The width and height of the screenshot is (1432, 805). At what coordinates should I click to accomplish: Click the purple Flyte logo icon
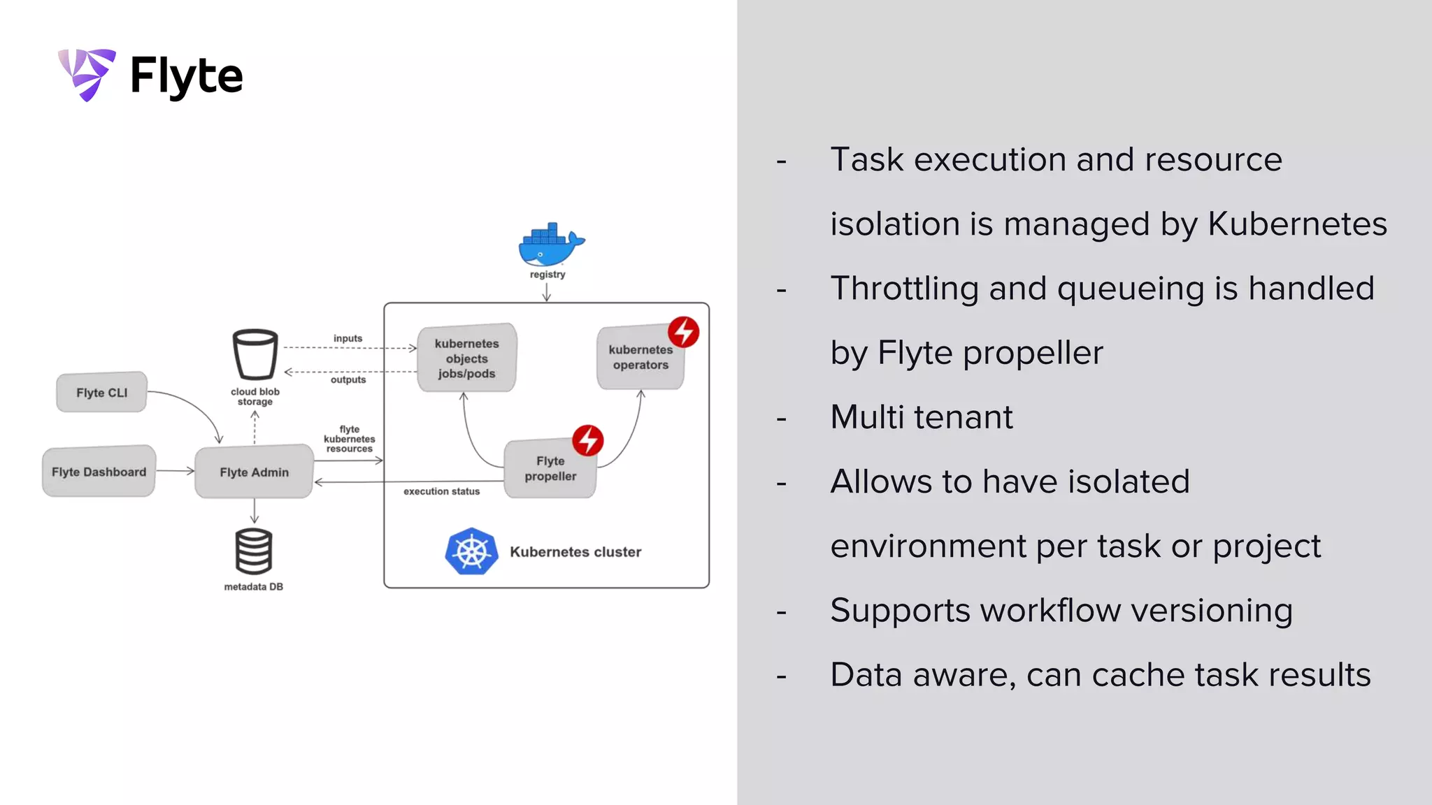(x=87, y=74)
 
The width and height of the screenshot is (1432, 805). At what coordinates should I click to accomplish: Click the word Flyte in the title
(x=186, y=75)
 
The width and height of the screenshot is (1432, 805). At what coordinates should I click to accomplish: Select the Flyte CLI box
(x=102, y=393)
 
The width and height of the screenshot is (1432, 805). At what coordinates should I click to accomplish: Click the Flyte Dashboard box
(x=99, y=472)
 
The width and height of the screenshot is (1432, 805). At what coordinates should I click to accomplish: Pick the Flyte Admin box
(x=254, y=472)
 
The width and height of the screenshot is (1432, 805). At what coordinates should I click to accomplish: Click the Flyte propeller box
(x=550, y=469)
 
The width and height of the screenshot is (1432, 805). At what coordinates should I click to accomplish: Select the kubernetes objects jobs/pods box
(x=466, y=358)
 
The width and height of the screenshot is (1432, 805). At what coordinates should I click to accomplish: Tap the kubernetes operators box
(x=640, y=358)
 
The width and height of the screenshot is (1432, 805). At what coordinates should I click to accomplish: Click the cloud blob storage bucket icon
(x=255, y=354)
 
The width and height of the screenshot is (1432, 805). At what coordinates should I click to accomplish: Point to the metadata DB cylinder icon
(x=253, y=551)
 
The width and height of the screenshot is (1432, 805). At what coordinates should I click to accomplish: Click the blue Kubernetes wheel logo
(x=471, y=551)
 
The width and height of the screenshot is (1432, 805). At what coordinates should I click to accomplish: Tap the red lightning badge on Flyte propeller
(x=588, y=440)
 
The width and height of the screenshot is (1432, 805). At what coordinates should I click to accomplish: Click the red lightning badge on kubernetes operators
(x=683, y=331)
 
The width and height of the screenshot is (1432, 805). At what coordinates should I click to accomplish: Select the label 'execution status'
(x=441, y=491)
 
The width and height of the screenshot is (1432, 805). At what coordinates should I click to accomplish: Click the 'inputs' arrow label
(x=348, y=338)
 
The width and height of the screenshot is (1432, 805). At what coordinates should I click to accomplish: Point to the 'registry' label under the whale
(x=547, y=275)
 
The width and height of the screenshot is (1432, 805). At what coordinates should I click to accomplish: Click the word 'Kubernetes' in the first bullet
(x=1297, y=224)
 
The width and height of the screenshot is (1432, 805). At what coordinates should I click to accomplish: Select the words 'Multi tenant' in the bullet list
(x=921, y=417)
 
